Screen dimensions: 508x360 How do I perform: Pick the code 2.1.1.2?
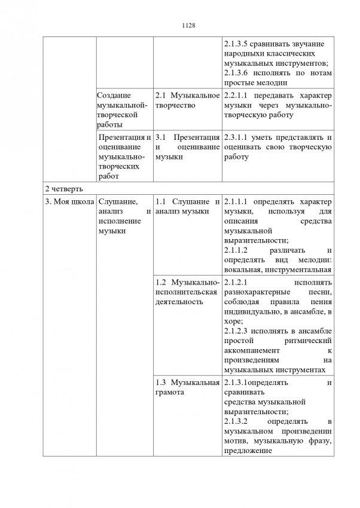pos(238,250)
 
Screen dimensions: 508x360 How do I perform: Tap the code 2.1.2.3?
pos(238,331)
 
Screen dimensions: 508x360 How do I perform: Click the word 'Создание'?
pos(115,96)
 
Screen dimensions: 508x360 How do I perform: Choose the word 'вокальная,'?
pos(244,270)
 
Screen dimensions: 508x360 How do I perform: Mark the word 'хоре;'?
pos(233,321)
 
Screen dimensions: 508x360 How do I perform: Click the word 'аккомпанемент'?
pos(250,350)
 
